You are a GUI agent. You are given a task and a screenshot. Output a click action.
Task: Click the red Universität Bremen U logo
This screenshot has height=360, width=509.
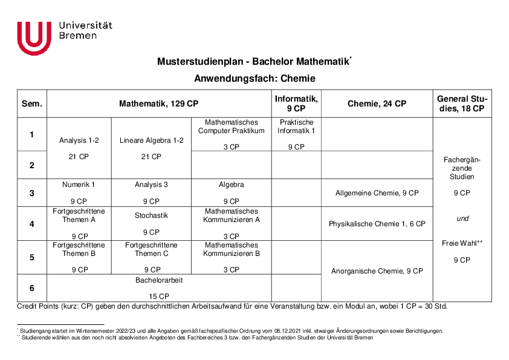[x=34, y=38]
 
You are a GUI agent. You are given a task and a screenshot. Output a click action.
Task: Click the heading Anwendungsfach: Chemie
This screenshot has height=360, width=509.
[x=254, y=79]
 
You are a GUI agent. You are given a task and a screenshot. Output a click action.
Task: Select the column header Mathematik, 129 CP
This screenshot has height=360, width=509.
[x=159, y=103]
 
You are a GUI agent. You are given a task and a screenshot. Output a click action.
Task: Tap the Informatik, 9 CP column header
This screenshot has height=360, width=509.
[x=296, y=103]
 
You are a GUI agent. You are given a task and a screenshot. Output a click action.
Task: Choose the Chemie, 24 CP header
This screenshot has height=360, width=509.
[x=377, y=103]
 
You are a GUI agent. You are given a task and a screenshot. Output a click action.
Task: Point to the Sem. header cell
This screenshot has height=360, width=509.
[x=32, y=103]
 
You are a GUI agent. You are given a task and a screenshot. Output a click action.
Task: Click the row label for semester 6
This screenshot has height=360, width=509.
[x=32, y=288]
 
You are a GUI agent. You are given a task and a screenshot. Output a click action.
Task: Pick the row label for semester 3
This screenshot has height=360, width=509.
[x=32, y=193]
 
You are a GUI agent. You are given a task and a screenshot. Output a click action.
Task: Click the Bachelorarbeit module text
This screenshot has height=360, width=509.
[x=159, y=281]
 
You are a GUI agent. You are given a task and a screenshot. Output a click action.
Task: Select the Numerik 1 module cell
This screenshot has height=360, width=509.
[x=79, y=185]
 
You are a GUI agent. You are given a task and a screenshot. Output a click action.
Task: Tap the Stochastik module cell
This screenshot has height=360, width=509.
[x=151, y=215]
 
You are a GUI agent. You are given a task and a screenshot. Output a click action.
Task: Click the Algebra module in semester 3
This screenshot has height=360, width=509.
[x=231, y=185]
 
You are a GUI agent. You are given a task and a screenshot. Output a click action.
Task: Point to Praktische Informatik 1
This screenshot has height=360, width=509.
[x=296, y=126]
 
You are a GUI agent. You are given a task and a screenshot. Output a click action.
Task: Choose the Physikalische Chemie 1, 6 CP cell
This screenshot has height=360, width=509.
[x=377, y=224]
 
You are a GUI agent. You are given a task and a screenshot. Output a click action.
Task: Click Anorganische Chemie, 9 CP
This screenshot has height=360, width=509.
[x=377, y=271]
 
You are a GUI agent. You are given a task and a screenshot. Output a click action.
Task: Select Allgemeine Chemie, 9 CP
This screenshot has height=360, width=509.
[x=377, y=193]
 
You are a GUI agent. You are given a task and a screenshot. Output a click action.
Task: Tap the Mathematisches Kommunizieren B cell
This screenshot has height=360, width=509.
[x=231, y=249]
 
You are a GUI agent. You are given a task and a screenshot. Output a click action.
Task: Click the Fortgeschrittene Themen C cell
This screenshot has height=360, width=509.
[x=151, y=249]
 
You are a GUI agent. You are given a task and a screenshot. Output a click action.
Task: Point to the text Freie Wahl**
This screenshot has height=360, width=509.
[x=462, y=243]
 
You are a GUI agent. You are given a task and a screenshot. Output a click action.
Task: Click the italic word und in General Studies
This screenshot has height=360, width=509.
[x=462, y=218]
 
